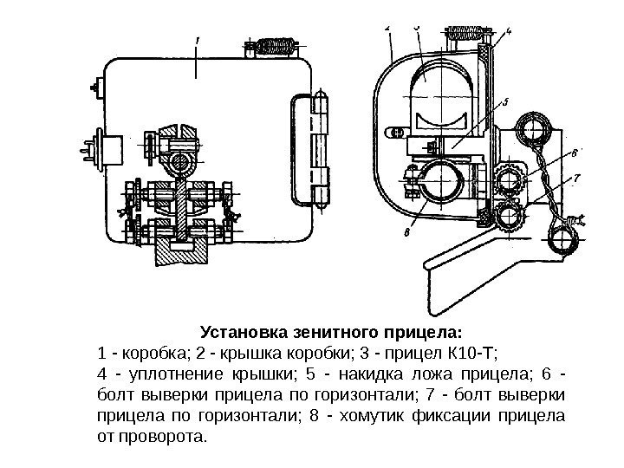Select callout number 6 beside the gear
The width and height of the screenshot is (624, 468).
(575, 153)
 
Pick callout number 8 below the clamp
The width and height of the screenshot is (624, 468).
(406, 231)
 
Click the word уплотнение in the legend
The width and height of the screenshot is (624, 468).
(179, 374)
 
